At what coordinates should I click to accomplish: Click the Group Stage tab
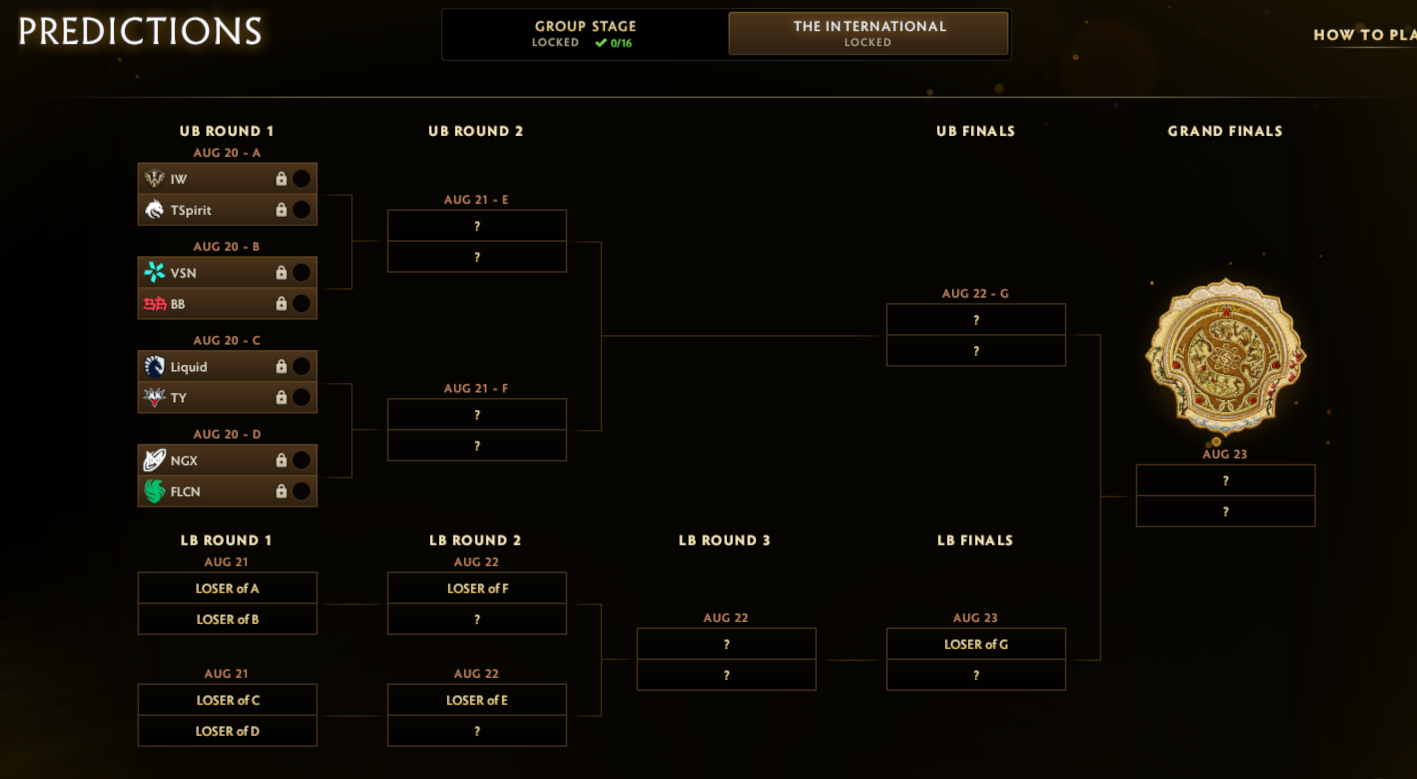[585, 33]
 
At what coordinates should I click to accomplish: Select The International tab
[868, 33]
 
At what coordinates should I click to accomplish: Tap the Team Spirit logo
[155, 210]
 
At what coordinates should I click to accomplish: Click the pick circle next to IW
[301, 178]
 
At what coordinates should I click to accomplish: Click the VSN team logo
[155, 272]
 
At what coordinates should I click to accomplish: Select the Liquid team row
[227, 366]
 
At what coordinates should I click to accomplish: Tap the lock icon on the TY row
[281, 397]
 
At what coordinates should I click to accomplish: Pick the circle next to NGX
[301, 460]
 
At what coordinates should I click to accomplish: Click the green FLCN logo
[155, 491]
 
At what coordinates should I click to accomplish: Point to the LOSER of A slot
[227, 588]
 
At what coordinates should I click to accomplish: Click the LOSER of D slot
[227, 731]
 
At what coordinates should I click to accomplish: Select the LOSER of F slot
[477, 588]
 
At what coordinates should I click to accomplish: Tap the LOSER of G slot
[976, 644]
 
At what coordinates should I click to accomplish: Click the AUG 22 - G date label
[975, 293]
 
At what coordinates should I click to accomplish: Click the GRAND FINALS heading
[1225, 131]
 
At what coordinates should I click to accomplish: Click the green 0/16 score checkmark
[600, 42]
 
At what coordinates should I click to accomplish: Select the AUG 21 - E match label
[476, 200]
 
